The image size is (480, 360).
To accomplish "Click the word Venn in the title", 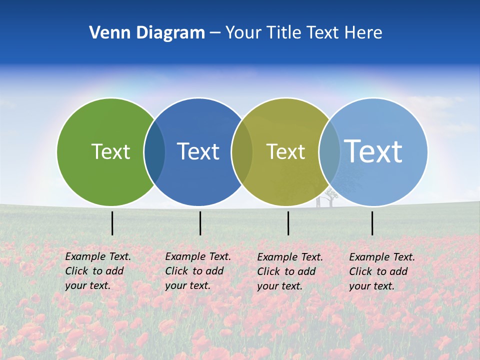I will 106,32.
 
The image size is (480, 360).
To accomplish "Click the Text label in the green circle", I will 110,151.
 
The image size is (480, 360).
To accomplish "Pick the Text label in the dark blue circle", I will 198,151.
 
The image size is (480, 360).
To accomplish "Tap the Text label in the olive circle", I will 285,151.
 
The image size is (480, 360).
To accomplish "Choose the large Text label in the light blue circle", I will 373,151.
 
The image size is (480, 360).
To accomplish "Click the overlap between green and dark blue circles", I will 154,152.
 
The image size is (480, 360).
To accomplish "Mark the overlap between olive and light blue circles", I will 329,152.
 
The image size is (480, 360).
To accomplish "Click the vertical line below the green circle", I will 112,223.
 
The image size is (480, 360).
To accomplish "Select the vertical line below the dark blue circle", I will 200,223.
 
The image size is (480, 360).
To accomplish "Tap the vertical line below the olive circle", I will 288,223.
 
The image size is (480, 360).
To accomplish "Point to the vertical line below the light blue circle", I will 372,223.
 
